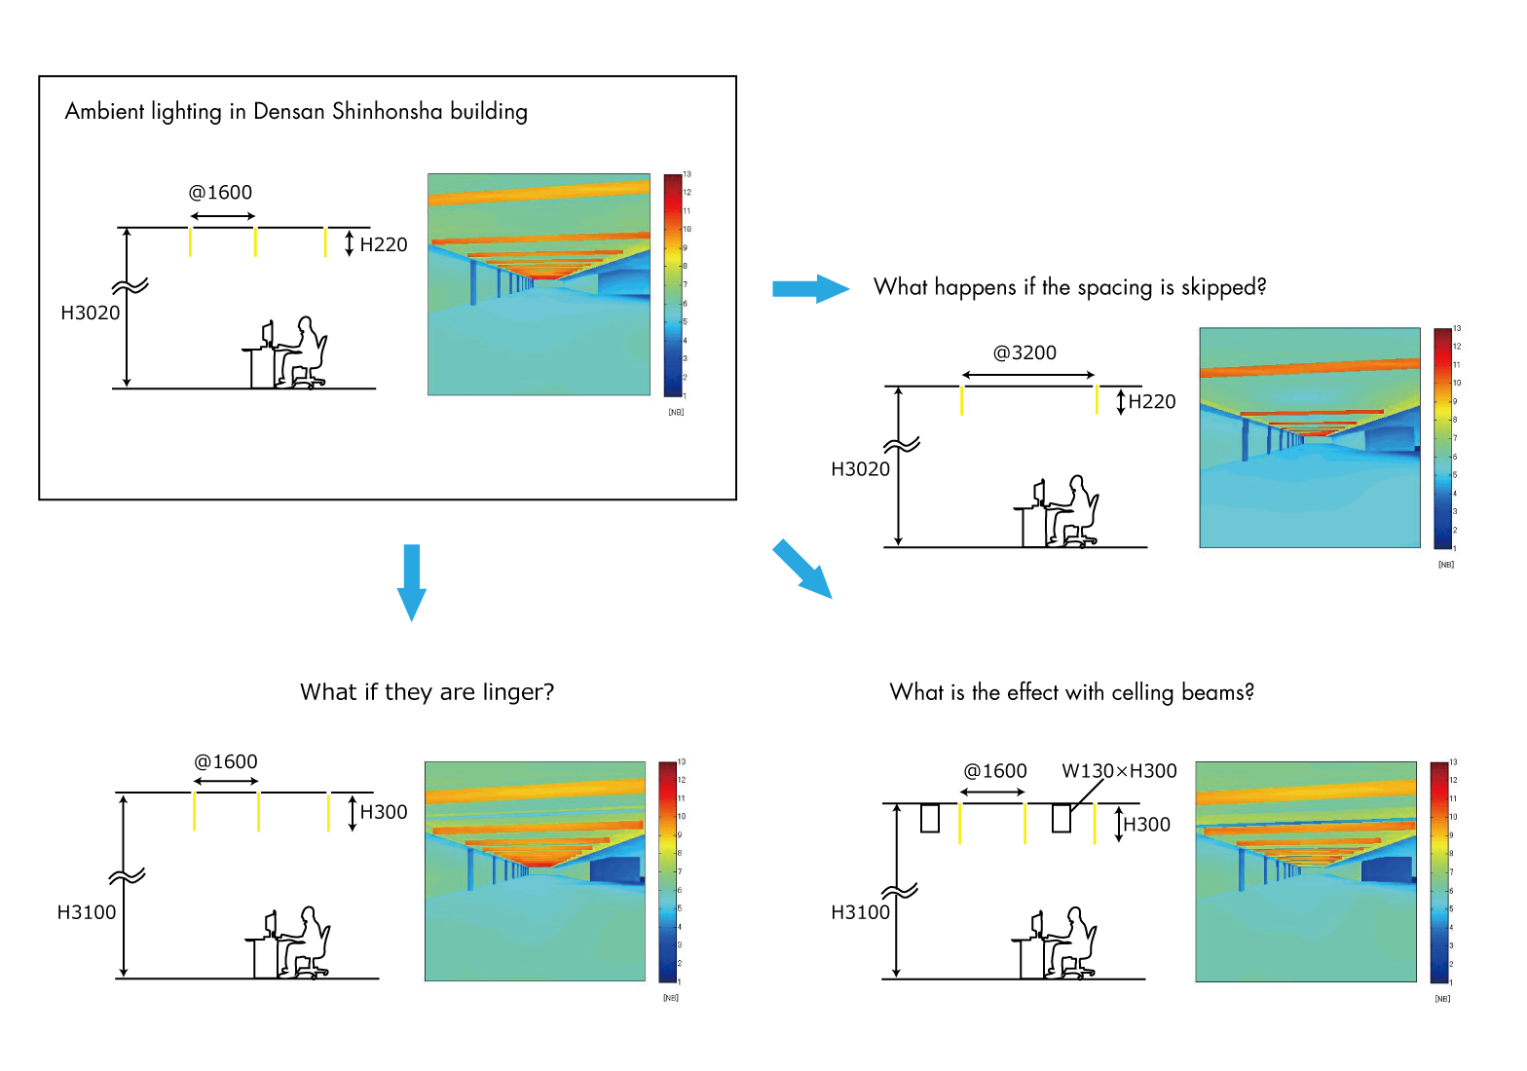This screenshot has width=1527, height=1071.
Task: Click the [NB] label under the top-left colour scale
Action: (676, 412)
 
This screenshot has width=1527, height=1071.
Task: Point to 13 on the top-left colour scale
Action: (687, 174)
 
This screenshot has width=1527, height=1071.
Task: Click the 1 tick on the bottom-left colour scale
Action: (679, 981)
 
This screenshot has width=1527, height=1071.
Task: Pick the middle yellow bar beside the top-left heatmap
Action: (255, 241)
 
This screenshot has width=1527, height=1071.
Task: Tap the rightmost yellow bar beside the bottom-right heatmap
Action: (1095, 824)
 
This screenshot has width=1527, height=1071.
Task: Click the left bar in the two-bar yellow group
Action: (961, 400)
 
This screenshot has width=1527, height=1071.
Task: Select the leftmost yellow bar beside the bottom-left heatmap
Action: (194, 811)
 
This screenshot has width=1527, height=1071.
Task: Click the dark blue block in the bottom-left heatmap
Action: (615, 869)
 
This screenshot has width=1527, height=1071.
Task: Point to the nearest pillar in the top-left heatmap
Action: (473, 282)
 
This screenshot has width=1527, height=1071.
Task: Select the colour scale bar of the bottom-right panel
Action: (1438, 871)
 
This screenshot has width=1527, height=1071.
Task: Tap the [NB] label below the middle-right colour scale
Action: (1446, 565)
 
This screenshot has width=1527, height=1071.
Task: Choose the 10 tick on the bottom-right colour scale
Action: (1453, 817)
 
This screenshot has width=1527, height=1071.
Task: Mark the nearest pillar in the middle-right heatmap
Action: (1245, 439)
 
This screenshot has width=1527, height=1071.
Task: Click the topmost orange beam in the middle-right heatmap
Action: (1310, 368)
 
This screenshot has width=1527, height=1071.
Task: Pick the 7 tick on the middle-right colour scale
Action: (1455, 438)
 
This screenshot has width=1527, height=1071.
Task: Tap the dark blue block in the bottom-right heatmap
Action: (1387, 869)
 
